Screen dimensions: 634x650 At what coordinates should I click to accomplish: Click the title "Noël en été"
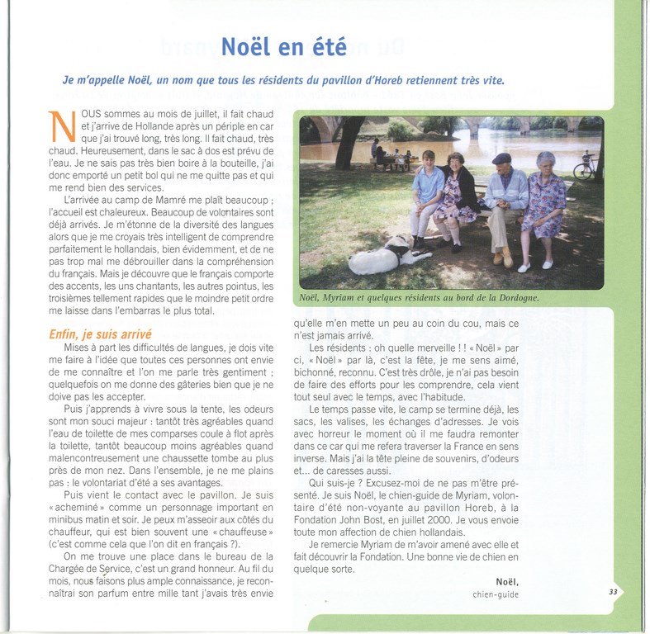coord(283,47)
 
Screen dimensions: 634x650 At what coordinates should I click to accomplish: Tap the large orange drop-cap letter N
coord(60,125)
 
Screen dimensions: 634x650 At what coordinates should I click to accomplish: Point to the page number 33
coord(613,591)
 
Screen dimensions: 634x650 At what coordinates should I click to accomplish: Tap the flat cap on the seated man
coord(501,158)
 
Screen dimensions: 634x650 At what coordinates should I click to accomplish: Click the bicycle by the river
coord(585,168)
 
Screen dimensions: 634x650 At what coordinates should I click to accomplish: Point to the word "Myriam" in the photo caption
coord(348,298)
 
